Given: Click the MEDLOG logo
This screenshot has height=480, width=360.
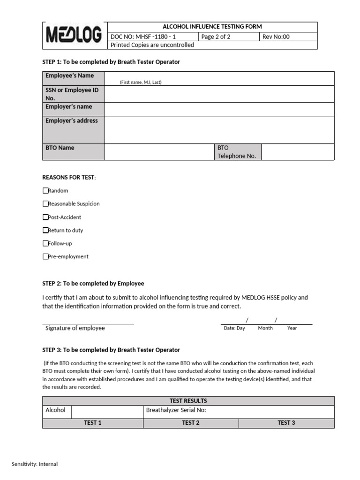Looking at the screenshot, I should coord(74,35).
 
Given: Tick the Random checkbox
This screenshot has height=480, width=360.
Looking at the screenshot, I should coord(45,191).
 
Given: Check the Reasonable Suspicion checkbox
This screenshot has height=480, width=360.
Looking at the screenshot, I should coord(45,204).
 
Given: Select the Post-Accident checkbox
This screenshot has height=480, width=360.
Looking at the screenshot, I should coord(45,217).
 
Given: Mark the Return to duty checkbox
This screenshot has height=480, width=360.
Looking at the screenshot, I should coord(45,230).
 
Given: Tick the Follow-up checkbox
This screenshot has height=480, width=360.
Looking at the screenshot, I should coord(45,243).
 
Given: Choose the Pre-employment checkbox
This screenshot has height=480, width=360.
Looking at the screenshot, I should coord(45,256).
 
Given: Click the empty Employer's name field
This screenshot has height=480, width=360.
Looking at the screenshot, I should coord(219,109).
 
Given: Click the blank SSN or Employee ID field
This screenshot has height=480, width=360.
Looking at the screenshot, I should coord(219,94).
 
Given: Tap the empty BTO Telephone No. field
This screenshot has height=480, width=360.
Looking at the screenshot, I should coord(297,152).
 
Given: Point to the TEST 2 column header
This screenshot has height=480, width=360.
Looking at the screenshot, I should coord(191,423).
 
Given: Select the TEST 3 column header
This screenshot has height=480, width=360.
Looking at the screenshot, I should coord(286,423).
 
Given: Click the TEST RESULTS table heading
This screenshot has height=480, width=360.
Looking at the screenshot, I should coord(188,401).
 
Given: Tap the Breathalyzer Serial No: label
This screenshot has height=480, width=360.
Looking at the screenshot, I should coord(176,410).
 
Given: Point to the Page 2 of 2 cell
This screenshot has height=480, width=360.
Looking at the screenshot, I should coord(216,37).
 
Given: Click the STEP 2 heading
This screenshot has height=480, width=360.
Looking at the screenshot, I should coord(93,284).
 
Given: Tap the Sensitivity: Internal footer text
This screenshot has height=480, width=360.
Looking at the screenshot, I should coord(35,464).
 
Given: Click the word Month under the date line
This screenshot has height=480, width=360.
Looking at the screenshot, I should coord(265,328).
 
